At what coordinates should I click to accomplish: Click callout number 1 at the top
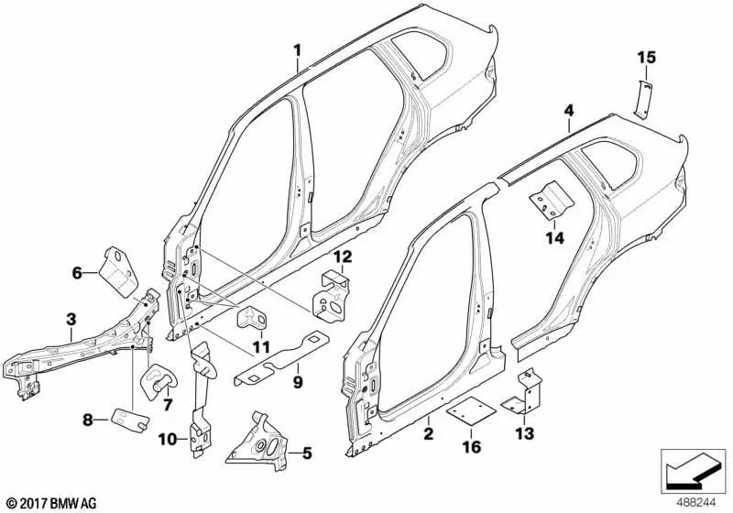(x=296, y=49)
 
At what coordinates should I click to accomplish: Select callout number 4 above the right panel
(x=568, y=110)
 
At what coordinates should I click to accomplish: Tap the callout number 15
(x=647, y=59)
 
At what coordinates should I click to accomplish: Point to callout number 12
(x=341, y=256)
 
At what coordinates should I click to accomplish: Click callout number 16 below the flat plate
(x=469, y=446)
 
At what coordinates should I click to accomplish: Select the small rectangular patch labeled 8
(x=129, y=419)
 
